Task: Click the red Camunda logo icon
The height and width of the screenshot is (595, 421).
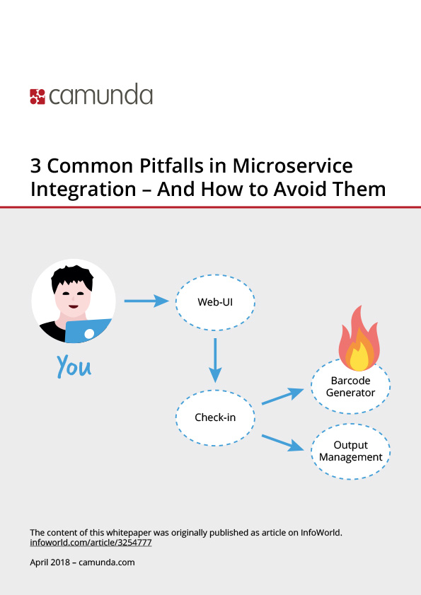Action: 38,97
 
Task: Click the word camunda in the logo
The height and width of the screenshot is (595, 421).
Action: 101,95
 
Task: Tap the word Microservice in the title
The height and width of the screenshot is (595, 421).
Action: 293,166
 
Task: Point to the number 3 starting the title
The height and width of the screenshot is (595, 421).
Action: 35,166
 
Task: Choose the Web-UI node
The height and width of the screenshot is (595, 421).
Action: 215,302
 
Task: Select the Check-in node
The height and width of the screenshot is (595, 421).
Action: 215,417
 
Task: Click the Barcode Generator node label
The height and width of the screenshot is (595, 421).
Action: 350,387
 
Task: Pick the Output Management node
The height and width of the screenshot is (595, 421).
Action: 351,451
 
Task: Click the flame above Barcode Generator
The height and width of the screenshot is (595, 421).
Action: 359,339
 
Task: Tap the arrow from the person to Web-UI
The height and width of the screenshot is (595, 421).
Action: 146,301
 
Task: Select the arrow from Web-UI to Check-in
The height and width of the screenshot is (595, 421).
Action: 215,360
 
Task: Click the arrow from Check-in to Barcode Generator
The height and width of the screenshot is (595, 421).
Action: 283,396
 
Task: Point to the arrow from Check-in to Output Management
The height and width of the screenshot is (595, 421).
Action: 283,442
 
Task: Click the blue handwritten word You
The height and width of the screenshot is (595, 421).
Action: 74,366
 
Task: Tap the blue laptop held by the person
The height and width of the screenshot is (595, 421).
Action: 88,330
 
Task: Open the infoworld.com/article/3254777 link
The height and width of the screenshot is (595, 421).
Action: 91,543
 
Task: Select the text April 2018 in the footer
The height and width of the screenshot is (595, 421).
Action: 50,562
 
